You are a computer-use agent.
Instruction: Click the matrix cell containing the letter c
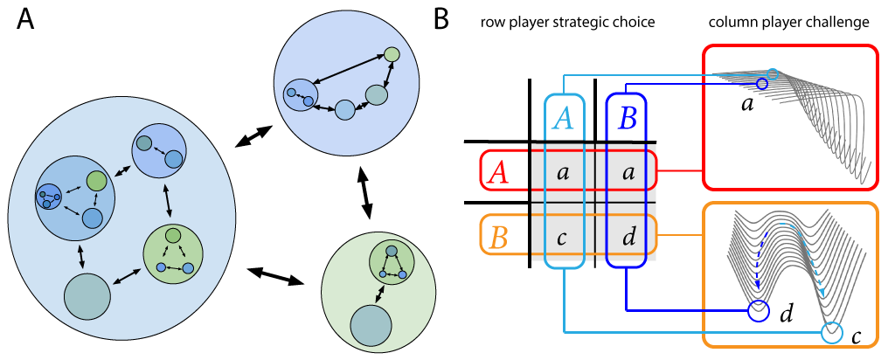click(563, 238)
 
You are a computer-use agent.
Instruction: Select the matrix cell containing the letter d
click(627, 238)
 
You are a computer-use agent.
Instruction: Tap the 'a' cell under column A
click(563, 173)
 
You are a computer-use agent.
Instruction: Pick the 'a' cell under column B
click(627, 173)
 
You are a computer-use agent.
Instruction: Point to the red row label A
click(498, 172)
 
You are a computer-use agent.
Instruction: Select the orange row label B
click(498, 237)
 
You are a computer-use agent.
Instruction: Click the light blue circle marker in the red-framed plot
click(772, 74)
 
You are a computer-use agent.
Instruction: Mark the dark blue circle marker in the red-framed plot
click(761, 84)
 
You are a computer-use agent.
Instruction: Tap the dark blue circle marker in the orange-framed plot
click(759, 310)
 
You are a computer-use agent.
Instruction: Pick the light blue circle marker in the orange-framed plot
click(832, 332)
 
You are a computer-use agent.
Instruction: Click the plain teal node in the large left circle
click(87, 296)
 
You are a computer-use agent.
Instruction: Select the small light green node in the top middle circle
click(392, 54)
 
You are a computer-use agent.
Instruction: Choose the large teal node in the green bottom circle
click(371, 326)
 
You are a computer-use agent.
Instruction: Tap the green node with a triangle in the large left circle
click(173, 253)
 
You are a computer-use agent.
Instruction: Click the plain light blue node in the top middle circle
click(345, 109)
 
